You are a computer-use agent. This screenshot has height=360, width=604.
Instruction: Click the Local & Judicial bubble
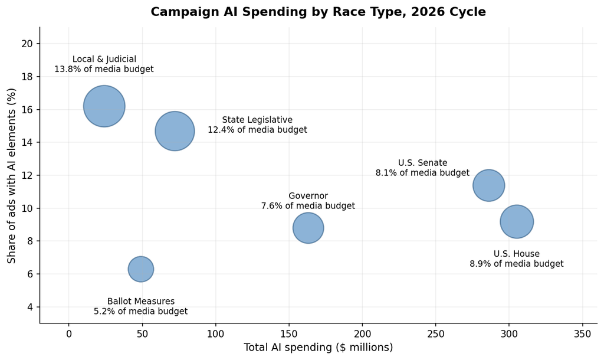tap(104, 106)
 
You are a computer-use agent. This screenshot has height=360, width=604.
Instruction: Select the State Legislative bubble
tap(175, 131)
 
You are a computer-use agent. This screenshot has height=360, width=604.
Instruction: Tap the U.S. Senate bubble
tap(488, 185)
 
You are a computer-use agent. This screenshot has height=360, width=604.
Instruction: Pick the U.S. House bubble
tap(517, 222)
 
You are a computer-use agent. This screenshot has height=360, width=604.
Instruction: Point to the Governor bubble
tap(308, 228)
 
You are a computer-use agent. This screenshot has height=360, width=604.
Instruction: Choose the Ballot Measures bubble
tap(141, 269)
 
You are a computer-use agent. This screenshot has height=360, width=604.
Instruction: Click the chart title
tap(318, 12)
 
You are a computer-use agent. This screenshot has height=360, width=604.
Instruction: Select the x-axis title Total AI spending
tap(318, 347)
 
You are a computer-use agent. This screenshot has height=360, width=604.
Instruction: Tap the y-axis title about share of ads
tap(12, 176)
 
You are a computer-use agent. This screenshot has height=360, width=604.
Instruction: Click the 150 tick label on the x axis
tap(289, 334)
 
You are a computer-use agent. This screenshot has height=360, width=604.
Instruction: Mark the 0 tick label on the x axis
tap(69, 334)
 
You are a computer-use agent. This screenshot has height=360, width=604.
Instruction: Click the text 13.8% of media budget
tap(104, 69)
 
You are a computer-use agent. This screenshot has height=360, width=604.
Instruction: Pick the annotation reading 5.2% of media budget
tap(141, 311)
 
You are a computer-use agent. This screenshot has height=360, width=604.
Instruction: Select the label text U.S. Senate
tap(422, 163)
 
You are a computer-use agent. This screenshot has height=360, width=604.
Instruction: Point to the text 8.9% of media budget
tap(517, 264)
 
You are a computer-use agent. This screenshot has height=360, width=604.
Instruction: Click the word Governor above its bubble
tap(308, 196)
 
